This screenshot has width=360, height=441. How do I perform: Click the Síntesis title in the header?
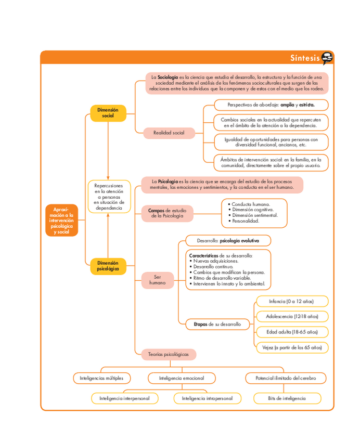pyautogui.click(x=305, y=58)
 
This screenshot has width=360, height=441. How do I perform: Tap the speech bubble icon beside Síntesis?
pyautogui.click(x=327, y=58)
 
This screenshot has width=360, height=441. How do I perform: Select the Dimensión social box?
pyautogui.click(x=108, y=113)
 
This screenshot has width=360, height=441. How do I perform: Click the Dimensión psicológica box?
pyautogui.click(x=108, y=266)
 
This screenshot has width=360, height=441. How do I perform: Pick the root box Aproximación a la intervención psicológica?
pyautogui.click(x=61, y=220)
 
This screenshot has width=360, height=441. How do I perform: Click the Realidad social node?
pyautogui.click(x=169, y=133)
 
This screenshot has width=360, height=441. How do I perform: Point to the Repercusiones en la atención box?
pyautogui.click(x=109, y=197)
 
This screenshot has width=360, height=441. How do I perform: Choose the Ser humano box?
pyautogui.click(x=157, y=280)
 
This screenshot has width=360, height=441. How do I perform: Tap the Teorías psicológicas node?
pyautogui.click(x=169, y=354)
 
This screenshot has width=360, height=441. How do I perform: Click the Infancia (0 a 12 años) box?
pyautogui.click(x=292, y=301)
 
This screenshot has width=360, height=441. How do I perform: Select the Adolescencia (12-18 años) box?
pyautogui.click(x=292, y=316)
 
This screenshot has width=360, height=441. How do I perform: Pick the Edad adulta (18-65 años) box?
pyautogui.click(x=292, y=332)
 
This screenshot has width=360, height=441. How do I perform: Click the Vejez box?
pyautogui.click(x=292, y=347)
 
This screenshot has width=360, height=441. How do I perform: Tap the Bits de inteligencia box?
pyautogui.click(x=287, y=398)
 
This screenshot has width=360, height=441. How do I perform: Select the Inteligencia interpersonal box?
pyautogui.click(x=124, y=398)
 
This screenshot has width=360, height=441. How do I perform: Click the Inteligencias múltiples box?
pyautogui.click(x=102, y=378)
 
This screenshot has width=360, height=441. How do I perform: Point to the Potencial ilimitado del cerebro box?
pyautogui.click(x=286, y=378)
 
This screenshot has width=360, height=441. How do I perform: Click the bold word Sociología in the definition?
pyautogui.click(x=168, y=77)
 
